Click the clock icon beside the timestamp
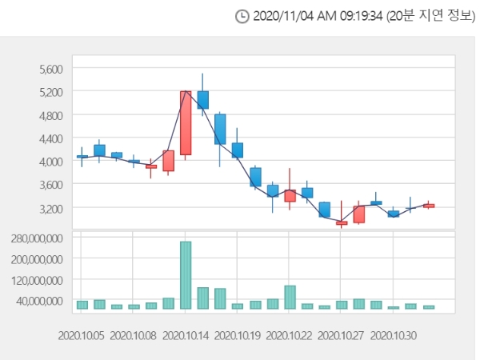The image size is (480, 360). coord(242,16)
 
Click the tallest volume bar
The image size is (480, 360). coord(186,274)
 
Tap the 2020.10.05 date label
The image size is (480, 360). coord(82,335)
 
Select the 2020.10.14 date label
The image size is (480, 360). coord(186,335)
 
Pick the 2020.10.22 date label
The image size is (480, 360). coord(290,335)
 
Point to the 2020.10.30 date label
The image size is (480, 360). coord(394,335)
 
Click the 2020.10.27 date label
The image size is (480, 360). coord(342,335)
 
